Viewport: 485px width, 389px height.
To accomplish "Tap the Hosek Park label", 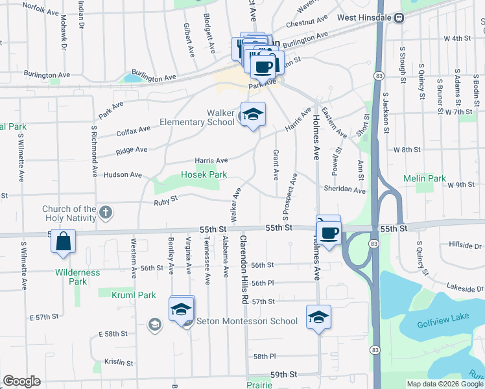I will pos(204,174).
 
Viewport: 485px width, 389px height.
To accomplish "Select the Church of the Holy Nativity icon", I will pos(106,211).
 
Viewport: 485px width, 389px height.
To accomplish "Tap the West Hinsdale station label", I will pos(364,18).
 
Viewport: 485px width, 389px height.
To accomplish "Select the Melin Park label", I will pos(425,178).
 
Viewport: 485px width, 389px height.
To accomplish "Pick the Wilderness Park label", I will pos(78,277).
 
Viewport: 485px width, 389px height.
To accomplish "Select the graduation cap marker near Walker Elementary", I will pos(253,115).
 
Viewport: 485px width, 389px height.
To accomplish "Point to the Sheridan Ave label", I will pos(346,189).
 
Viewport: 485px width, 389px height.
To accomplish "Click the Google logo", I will pos(21,381).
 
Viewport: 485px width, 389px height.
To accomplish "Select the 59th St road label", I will pos(283,375).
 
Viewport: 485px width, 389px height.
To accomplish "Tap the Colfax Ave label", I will pos(133,129).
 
